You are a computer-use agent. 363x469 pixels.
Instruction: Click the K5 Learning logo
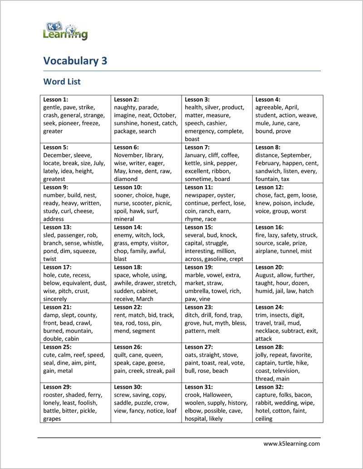[x=65, y=31]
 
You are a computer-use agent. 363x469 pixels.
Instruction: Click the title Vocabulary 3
[x=75, y=61]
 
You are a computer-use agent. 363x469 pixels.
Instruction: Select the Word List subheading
[x=62, y=82]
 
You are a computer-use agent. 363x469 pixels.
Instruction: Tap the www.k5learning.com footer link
[x=291, y=444]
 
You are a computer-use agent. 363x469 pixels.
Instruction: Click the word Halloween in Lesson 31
[x=217, y=395]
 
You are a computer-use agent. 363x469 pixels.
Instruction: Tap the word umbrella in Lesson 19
[x=198, y=291]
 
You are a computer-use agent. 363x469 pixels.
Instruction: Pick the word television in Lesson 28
[x=285, y=371]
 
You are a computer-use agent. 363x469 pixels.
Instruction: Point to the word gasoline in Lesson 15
[x=217, y=259]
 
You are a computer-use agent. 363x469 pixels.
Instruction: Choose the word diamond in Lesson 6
[x=126, y=179]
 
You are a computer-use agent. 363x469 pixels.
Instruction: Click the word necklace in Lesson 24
[x=268, y=331]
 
